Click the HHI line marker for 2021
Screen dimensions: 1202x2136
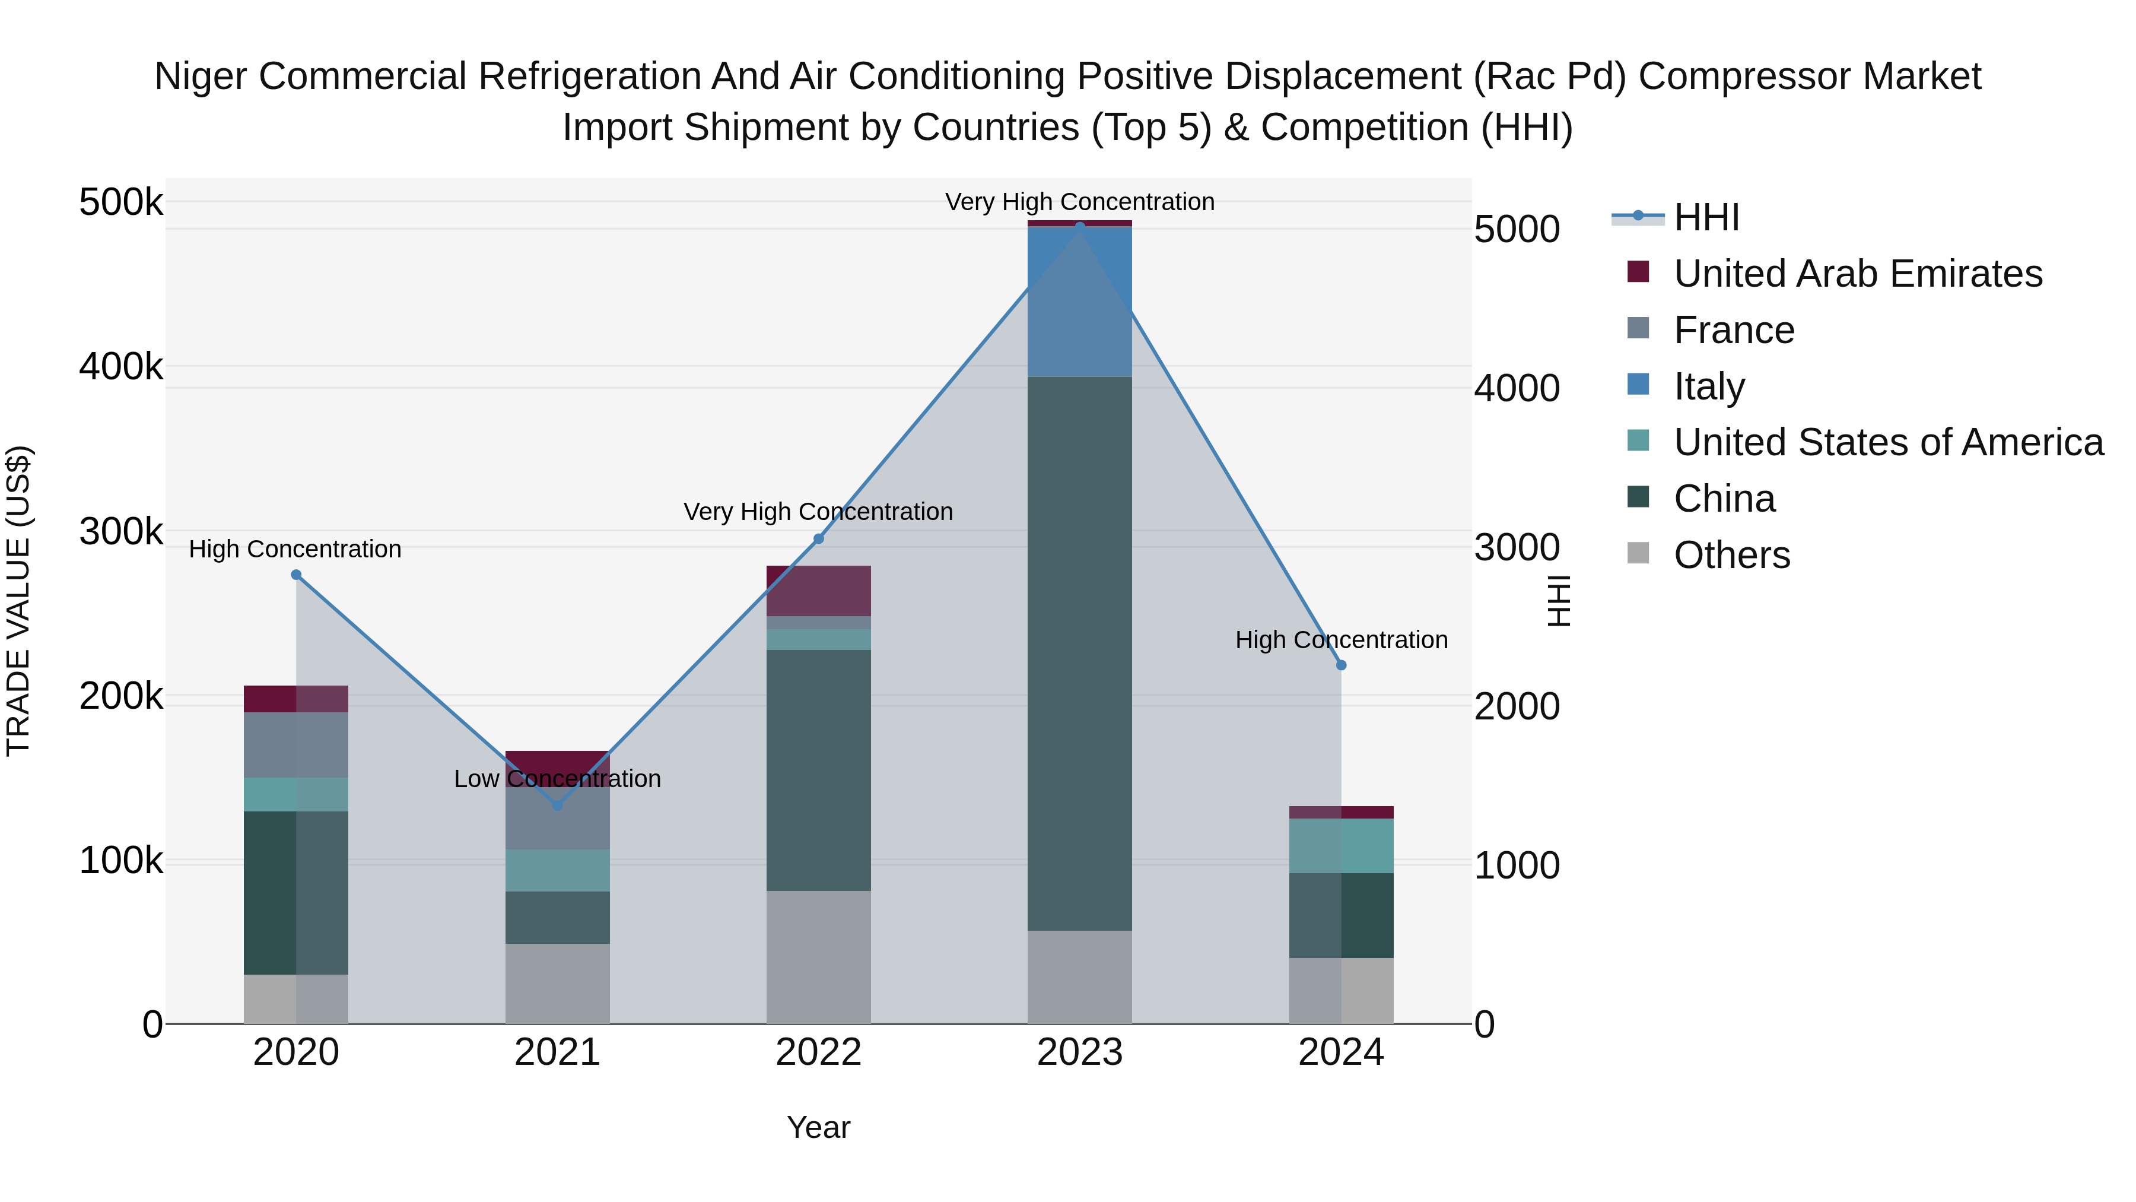pos(557,805)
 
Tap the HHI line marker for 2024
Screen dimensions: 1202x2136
pos(1341,665)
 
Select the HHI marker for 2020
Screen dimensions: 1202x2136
pos(296,575)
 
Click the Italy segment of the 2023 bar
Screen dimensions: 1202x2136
pos(1080,301)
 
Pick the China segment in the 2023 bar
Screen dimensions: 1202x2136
pos(1080,653)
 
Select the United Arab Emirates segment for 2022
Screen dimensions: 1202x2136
pos(818,591)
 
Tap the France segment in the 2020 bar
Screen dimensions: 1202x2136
pos(296,745)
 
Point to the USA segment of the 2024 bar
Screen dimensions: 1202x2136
pos(1341,845)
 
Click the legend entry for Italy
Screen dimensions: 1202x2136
pos(1709,386)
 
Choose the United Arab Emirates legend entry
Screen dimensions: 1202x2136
pos(1857,274)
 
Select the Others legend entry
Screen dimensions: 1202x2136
pos(1731,555)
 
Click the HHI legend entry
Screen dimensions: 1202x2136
pos(1706,217)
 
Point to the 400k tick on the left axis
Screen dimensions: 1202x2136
pos(121,366)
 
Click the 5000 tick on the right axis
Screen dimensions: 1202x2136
pos(1517,229)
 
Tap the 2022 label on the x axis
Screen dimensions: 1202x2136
pos(818,1052)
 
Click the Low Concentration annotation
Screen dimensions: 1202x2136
pos(557,779)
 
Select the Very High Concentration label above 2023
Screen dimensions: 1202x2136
pos(1080,202)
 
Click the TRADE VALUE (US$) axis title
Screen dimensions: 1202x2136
pos(18,601)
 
